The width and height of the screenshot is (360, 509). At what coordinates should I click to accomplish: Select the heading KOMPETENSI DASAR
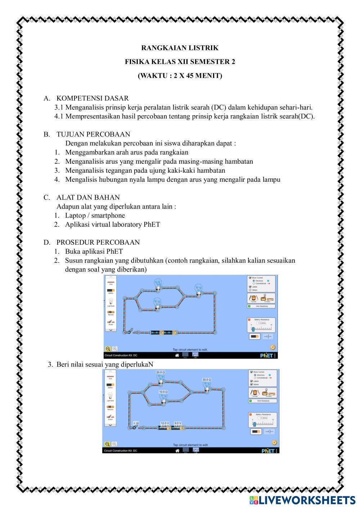(92, 98)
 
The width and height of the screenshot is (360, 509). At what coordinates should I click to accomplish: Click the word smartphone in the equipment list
(108, 216)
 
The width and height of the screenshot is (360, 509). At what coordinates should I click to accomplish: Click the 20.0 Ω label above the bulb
(160, 372)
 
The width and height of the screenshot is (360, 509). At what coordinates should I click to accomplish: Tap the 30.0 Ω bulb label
(206, 379)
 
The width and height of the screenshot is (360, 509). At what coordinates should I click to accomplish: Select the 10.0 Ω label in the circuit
(163, 391)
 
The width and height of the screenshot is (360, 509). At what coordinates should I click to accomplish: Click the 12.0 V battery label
(165, 423)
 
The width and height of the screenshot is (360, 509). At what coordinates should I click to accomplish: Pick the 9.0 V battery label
(178, 423)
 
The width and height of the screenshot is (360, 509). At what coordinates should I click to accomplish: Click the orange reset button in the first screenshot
(273, 347)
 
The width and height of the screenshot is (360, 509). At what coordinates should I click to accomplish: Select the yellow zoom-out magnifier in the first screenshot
(108, 348)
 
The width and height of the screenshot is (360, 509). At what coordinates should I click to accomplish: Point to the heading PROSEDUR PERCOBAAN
(98, 242)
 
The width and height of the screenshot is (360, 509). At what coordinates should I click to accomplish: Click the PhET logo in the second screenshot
(268, 450)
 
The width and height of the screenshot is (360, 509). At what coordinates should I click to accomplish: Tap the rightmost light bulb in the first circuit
(198, 288)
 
